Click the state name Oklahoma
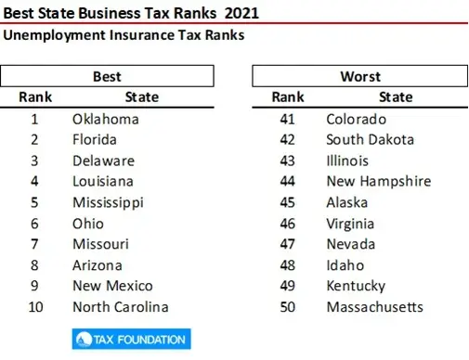pyautogui.click(x=105, y=119)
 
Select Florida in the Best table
pyautogui.click(x=95, y=139)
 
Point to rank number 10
pyautogui.click(x=34, y=307)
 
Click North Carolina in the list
pyautogui.click(x=120, y=307)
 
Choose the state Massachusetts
pyautogui.click(x=374, y=307)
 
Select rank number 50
pyautogui.click(x=288, y=307)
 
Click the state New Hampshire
pyautogui.click(x=378, y=181)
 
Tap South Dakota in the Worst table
pyautogui.click(x=370, y=139)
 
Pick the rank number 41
pyautogui.click(x=288, y=119)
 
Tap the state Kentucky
pyautogui.click(x=356, y=286)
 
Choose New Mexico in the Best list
pyautogui.click(x=112, y=286)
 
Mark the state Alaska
pyautogui.click(x=347, y=202)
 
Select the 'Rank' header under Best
pyautogui.click(x=35, y=96)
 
